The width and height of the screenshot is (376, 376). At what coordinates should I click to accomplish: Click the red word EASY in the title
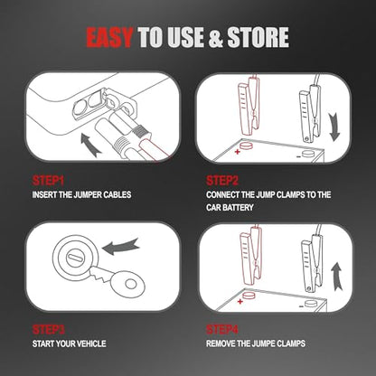pyautogui.click(x=109, y=37)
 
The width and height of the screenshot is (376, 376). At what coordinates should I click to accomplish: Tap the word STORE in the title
pyautogui.click(x=258, y=37)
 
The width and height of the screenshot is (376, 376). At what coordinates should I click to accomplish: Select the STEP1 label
pyautogui.click(x=48, y=181)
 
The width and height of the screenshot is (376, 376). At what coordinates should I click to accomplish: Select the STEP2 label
pyautogui.click(x=222, y=181)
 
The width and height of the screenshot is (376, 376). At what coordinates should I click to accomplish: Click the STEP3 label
pyautogui.click(x=48, y=330)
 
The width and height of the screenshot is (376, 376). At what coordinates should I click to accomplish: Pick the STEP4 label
pyautogui.click(x=222, y=330)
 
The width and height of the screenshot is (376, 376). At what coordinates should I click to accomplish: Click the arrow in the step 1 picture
pyautogui.click(x=91, y=146)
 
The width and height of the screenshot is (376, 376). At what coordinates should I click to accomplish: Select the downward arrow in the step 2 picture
pyautogui.click(x=334, y=127)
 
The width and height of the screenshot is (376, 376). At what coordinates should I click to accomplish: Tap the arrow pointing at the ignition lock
pyautogui.click(x=120, y=247)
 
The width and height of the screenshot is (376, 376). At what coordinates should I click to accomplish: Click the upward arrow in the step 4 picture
pyautogui.click(x=337, y=277)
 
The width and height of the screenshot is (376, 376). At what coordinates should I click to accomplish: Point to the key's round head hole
pyautogui.click(x=131, y=284)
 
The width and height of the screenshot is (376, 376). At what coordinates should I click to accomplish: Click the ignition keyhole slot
pyautogui.click(x=74, y=258)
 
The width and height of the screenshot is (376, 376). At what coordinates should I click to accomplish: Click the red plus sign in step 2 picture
pyautogui.click(x=238, y=152)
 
